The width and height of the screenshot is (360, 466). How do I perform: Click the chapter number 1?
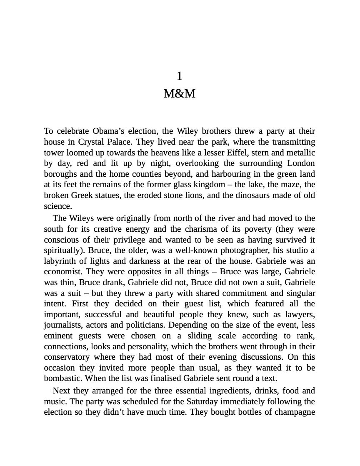(180, 76)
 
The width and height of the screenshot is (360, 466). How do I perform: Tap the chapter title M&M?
(180, 94)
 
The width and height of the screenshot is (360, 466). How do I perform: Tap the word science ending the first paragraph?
(57, 206)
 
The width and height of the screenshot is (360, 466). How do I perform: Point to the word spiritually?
(62, 251)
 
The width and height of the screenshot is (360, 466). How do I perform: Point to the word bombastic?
(61, 378)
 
